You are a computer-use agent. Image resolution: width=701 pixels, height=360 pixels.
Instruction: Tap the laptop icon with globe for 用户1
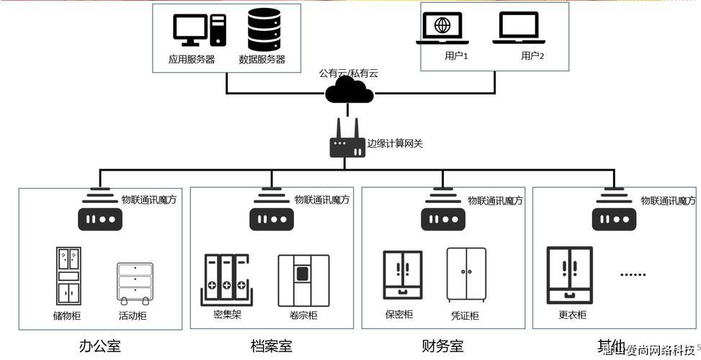[x=442, y=30]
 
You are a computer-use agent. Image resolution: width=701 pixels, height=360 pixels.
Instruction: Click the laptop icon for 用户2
[x=518, y=30]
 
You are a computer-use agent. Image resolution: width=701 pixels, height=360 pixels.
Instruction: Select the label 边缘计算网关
[x=395, y=143]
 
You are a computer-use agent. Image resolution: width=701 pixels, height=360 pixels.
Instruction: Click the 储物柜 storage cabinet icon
[x=68, y=276]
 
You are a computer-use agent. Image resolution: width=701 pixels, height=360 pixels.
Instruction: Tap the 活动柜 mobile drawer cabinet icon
[x=135, y=282]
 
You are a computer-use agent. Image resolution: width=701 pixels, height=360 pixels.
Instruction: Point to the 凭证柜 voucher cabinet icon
[x=466, y=274]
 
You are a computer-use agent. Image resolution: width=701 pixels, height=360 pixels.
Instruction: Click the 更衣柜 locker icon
[x=569, y=275]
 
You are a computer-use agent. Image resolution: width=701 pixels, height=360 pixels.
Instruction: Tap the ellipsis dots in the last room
[x=633, y=274]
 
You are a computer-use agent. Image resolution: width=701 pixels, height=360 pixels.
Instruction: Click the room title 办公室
[x=100, y=346]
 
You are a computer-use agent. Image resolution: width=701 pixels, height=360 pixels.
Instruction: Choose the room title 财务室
[x=442, y=346]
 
